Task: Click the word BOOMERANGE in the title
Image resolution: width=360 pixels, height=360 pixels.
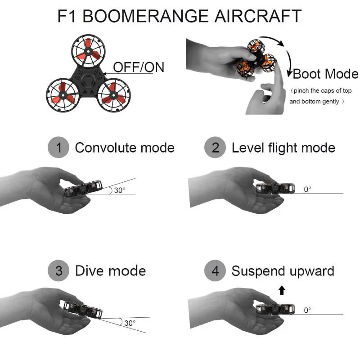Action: [x=145, y=16]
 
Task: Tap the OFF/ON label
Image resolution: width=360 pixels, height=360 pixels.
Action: [x=139, y=67]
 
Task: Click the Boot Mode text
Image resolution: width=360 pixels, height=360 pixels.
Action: [x=325, y=74]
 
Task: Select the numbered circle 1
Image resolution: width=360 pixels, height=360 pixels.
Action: [x=58, y=147]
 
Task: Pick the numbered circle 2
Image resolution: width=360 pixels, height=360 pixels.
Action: [x=215, y=147]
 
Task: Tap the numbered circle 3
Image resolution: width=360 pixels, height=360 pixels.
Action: [x=58, y=270]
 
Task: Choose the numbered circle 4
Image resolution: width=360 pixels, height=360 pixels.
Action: [x=215, y=270]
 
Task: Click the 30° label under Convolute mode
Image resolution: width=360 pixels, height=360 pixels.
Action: [x=120, y=190]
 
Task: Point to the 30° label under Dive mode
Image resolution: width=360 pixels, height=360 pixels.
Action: [x=130, y=323]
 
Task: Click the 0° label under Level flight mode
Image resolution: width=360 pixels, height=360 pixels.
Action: [x=307, y=189]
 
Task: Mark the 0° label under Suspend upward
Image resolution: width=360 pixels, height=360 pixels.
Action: [x=307, y=310]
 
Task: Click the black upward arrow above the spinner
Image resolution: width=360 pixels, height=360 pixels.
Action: [x=282, y=290]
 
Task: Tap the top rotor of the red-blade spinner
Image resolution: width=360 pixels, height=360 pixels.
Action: [x=88, y=51]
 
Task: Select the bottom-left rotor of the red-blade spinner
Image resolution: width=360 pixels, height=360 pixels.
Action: [x=63, y=95]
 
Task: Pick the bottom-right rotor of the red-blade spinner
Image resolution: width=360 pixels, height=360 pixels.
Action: [x=114, y=95]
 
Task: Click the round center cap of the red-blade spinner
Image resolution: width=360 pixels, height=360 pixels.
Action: [x=88, y=81]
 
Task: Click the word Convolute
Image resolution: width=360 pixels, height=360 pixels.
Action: [x=106, y=148]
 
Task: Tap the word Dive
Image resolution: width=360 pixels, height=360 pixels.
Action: [x=90, y=271]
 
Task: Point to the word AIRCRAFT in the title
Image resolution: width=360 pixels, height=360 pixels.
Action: [x=258, y=16]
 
